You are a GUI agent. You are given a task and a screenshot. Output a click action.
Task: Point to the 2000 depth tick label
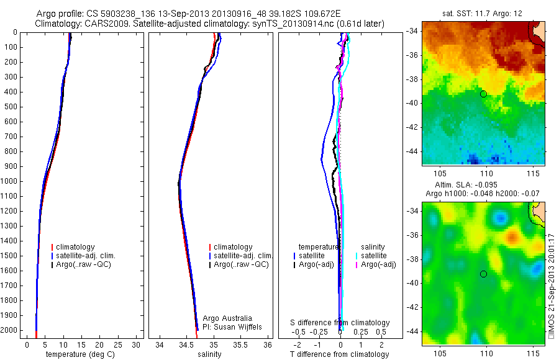[x=9, y=330]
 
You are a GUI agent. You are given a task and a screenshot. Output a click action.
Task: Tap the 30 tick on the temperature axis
[x=137, y=344]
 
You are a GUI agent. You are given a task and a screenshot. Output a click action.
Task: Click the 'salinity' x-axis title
[x=209, y=354]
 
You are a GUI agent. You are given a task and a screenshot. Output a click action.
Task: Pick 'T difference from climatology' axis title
[x=340, y=354]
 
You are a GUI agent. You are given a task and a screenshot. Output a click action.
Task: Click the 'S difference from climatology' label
[x=340, y=323]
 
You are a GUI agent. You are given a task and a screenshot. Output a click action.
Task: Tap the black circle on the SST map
[x=483, y=94]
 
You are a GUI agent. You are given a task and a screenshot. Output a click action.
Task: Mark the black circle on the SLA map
[x=483, y=274]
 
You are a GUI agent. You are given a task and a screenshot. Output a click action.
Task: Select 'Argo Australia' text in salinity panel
[x=228, y=318]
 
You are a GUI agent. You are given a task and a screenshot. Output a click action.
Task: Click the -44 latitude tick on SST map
[x=411, y=151]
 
